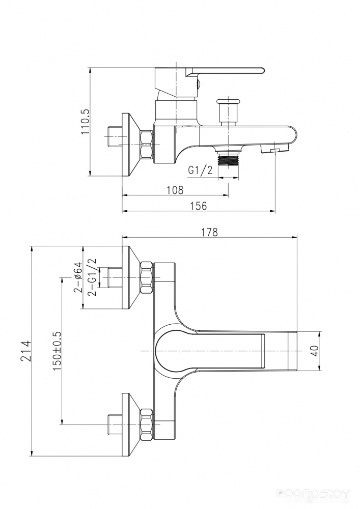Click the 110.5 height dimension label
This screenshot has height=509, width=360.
[85, 122]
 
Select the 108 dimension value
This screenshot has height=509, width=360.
[175, 190]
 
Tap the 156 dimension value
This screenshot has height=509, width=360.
[199, 206]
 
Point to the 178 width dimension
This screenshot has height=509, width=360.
[210, 232]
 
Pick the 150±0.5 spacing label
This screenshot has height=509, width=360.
[57, 351]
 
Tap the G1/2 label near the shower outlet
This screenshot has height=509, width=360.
[201, 170]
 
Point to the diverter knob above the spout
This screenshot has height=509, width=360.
[228, 111]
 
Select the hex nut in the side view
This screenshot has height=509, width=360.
[147, 144]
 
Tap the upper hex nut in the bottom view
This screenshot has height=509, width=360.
[147, 277]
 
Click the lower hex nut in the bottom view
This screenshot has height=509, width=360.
[147, 425]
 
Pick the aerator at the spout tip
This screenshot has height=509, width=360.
[274, 149]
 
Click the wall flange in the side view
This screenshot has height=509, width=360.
[130, 145]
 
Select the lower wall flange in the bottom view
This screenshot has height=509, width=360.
[130, 425]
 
